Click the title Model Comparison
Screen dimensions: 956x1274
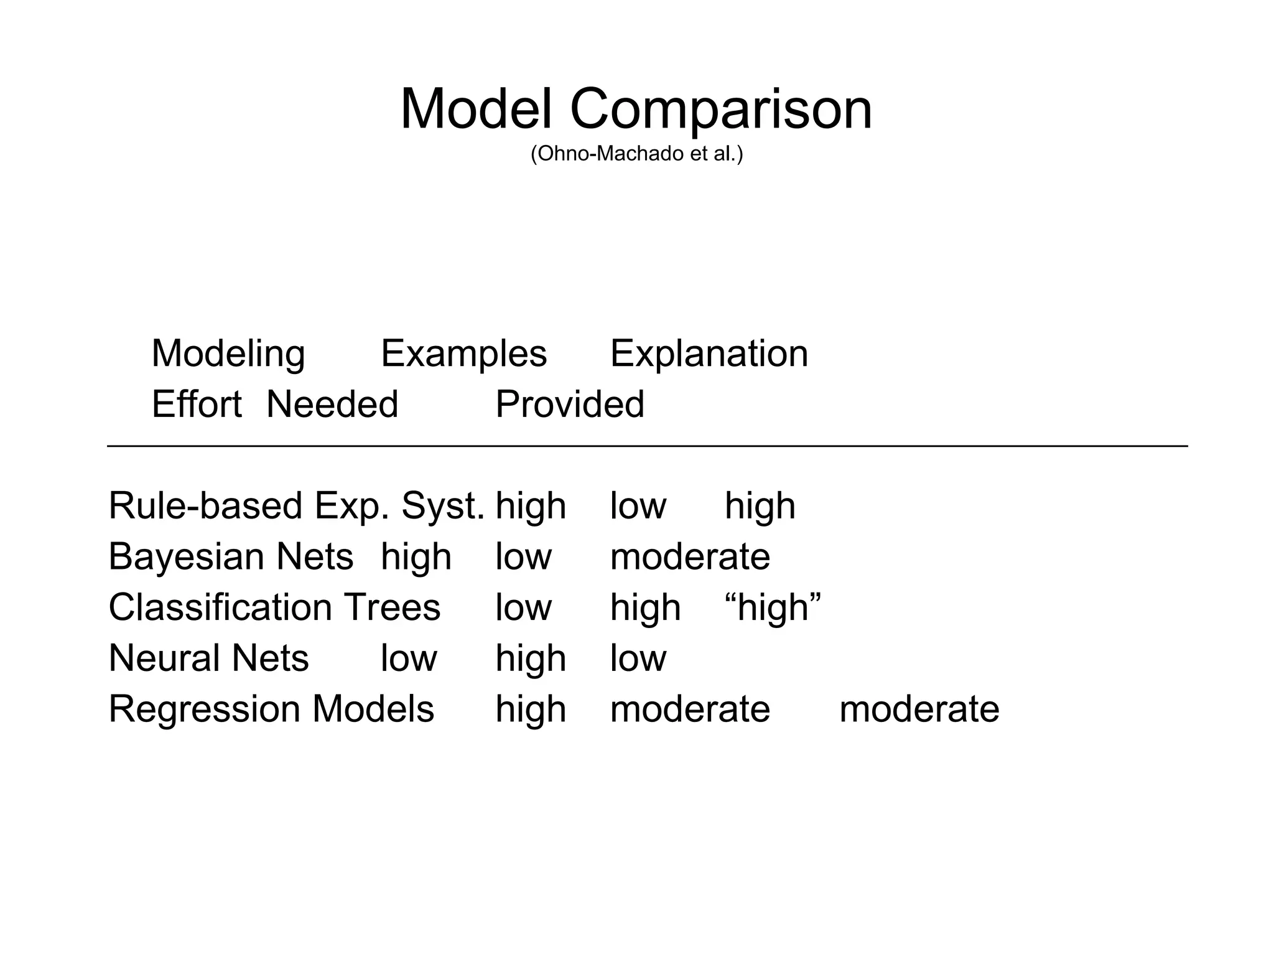(636, 109)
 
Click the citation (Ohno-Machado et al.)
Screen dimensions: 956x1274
(636, 154)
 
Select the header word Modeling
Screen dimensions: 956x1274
(228, 354)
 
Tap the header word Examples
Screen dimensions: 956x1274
(463, 354)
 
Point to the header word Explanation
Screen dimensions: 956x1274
(709, 354)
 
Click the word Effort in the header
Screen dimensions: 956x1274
(197, 405)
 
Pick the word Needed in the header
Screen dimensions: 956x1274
(332, 405)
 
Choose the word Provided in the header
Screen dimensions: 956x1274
(570, 405)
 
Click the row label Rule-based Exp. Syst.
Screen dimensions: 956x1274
(296, 505)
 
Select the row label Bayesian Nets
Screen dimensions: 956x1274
(231, 556)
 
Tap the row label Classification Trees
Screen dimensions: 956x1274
(274, 607)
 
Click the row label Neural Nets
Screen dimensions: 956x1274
(208, 658)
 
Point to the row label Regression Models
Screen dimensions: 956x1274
(271, 710)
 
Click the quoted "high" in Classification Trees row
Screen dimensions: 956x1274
(773, 607)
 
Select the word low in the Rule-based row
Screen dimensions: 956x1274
(638, 505)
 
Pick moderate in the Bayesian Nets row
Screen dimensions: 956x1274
(690, 556)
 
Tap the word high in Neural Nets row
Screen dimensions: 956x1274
(531, 658)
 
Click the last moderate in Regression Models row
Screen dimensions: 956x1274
(919, 710)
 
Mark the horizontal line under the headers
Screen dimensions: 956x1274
(647, 446)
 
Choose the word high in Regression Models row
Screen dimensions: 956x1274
(531, 710)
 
